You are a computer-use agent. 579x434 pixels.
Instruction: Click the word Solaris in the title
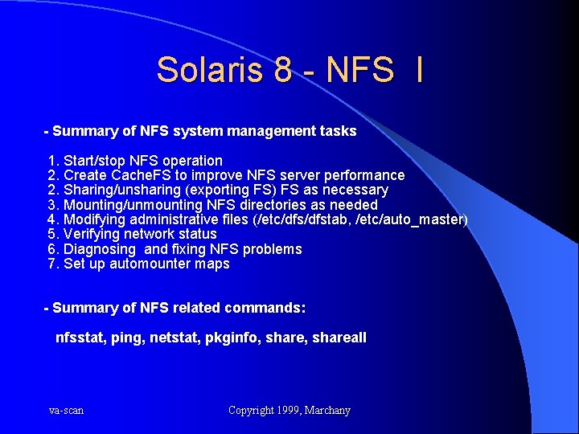(211, 70)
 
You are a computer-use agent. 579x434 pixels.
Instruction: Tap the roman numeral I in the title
(419, 70)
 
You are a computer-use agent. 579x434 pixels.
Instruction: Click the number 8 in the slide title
(283, 70)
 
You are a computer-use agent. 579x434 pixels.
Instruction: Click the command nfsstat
(79, 338)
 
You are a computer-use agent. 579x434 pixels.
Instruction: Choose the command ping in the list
(128, 338)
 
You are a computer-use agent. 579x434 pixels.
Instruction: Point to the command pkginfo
(232, 338)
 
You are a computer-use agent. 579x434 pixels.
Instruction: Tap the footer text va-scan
(66, 411)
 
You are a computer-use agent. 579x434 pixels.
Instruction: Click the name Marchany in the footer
(328, 411)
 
